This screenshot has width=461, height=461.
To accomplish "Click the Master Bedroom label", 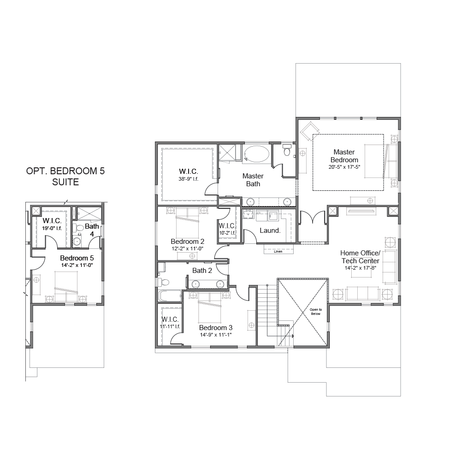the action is tap(344, 156).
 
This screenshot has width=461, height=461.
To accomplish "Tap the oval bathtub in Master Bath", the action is tap(257, 154).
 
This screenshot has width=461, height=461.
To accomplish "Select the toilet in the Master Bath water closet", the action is tap(286, 150).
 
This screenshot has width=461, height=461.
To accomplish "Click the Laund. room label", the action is tap(270, 230).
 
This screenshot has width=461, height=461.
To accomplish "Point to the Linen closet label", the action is tap(278, 252).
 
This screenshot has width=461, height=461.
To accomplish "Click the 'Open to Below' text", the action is tap(316, 312).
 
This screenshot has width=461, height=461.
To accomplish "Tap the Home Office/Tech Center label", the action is tap(361, 257).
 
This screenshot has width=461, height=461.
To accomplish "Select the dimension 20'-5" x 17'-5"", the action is tap(344, 167).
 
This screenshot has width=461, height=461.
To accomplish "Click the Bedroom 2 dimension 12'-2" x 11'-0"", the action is tap(188, 248).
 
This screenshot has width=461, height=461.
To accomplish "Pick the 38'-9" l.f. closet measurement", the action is tap(189, 179).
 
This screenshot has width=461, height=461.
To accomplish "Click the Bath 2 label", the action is tap(202, 271).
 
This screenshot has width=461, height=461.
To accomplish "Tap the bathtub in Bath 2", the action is tap(170, 296).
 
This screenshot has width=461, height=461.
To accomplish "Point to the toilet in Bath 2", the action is tap(164, 283).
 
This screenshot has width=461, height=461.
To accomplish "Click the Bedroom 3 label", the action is tap(216, 327).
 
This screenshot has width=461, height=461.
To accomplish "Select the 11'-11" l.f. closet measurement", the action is tap(170, 327).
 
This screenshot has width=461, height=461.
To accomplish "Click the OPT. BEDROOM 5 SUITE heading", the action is tap(65, 177).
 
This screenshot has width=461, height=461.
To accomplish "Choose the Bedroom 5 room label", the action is tap(77, 258).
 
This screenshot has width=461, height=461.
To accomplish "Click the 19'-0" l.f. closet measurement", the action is tap(52, 229).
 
